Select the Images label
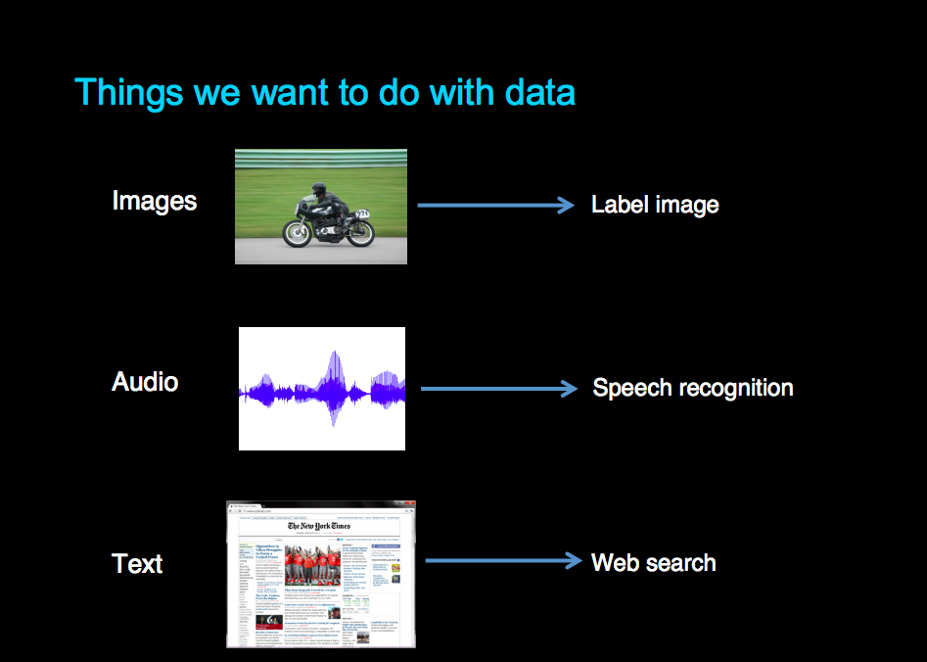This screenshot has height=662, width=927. coord(155,201)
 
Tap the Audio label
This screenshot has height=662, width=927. coord(145,381)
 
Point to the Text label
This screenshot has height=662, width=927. coord(137,564)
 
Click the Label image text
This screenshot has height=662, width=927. coord(655,205)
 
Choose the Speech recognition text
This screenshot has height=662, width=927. coord(692,388)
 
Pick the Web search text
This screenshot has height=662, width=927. coord(653,563)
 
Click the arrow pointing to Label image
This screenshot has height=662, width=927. coord(494,205)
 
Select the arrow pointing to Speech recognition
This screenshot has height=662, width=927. coord(498,389)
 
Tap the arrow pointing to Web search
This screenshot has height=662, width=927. coord(503,561)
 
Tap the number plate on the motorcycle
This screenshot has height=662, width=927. coord(361,213)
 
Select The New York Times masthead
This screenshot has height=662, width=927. coord(318,526)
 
